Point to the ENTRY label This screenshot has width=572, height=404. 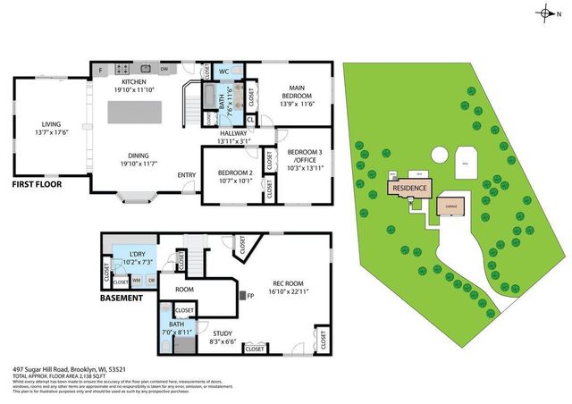(187, 174)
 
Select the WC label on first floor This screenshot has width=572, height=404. (225, 71)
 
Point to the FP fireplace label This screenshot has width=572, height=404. (251, 296)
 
